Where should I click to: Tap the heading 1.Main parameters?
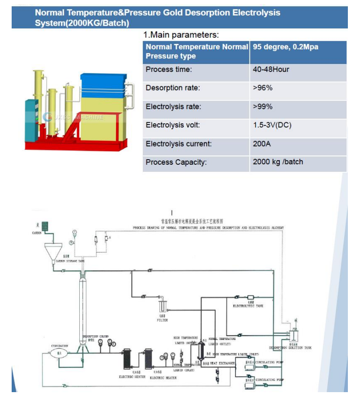181,35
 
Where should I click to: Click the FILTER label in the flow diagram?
162,320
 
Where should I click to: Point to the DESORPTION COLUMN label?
96,337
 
